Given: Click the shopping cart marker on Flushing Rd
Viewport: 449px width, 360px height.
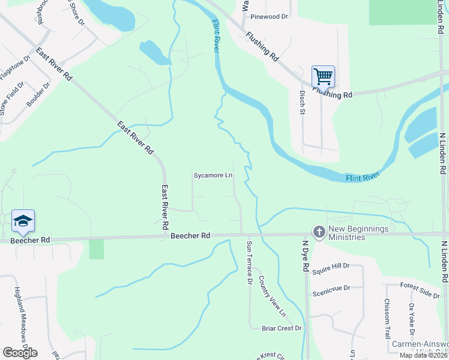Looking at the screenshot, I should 323,77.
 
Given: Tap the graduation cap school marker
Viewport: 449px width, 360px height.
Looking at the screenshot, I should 23,221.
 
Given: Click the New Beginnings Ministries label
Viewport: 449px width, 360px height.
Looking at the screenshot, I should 358,233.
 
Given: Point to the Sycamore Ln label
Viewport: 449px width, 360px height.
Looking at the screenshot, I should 212,176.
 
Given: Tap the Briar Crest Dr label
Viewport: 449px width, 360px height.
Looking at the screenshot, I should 282,328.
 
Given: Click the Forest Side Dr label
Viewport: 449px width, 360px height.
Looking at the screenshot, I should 420,290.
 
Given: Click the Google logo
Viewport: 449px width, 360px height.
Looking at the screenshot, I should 20,352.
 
